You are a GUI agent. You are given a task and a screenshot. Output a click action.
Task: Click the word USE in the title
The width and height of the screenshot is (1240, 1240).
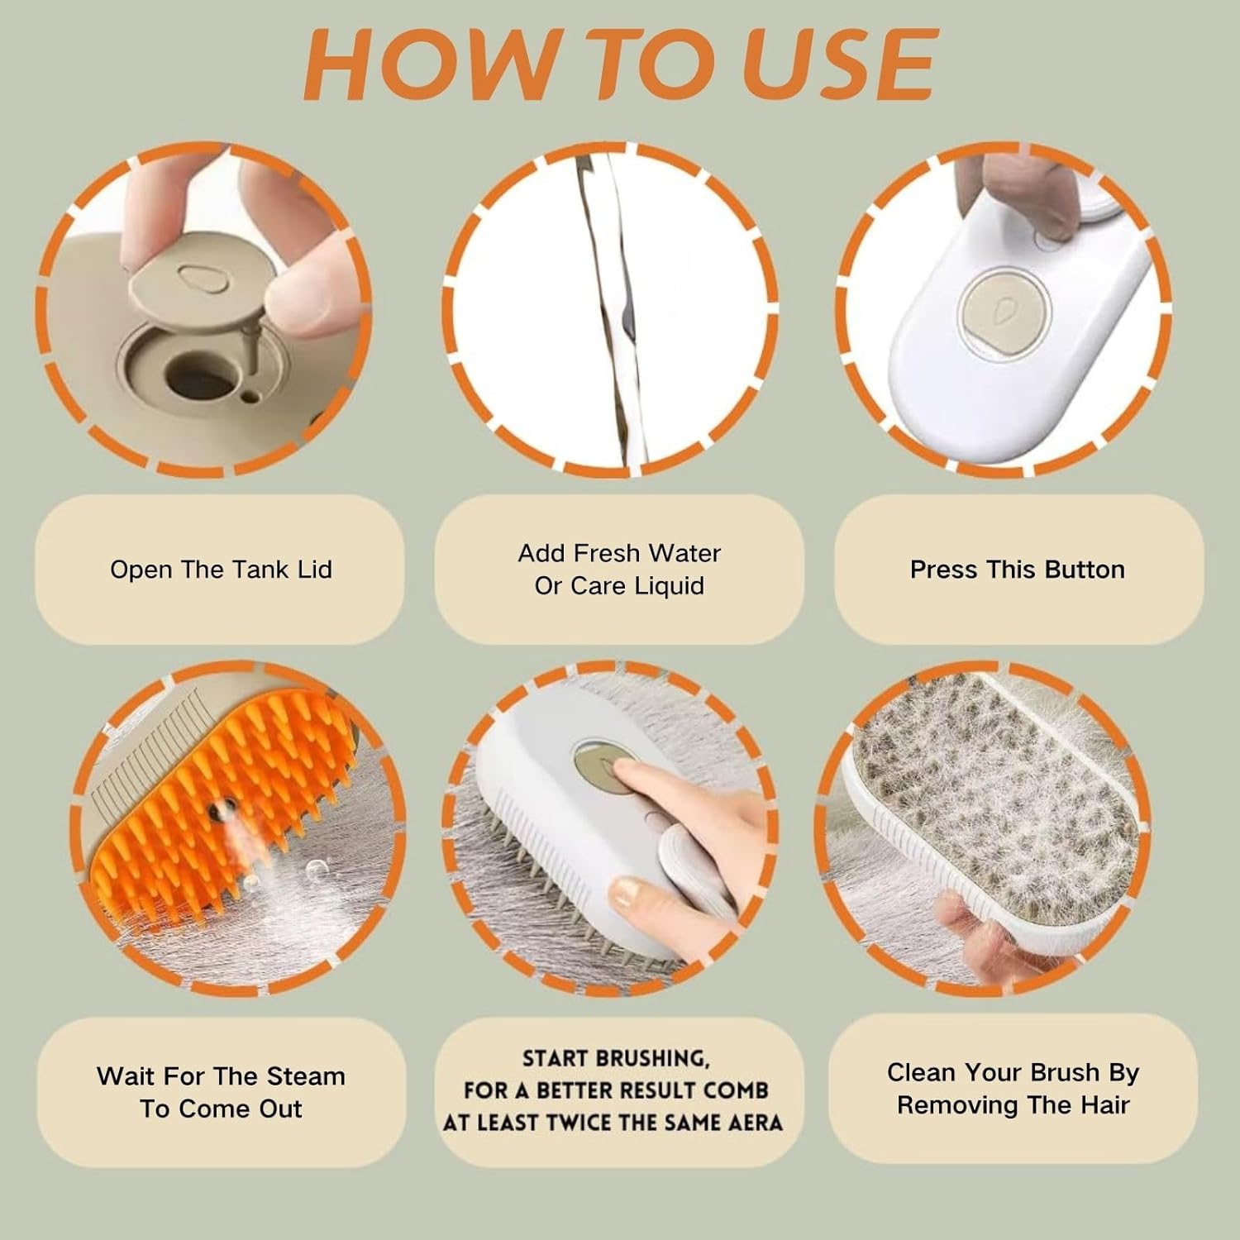pyautogui.click(x=842, y=64)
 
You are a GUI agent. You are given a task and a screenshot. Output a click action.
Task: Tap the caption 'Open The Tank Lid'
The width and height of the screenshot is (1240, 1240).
pyautogui.click(x=221, y=570)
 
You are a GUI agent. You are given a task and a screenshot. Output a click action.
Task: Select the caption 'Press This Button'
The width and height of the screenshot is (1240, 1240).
pyautogui.click(x=1018, y=570)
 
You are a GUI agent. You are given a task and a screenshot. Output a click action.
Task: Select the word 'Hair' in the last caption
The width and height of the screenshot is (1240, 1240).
pyautogui.click(x=1103, y=1105)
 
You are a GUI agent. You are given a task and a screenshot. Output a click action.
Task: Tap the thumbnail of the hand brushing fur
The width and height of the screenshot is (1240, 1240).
pyautogui.click(x=629, y=891)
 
